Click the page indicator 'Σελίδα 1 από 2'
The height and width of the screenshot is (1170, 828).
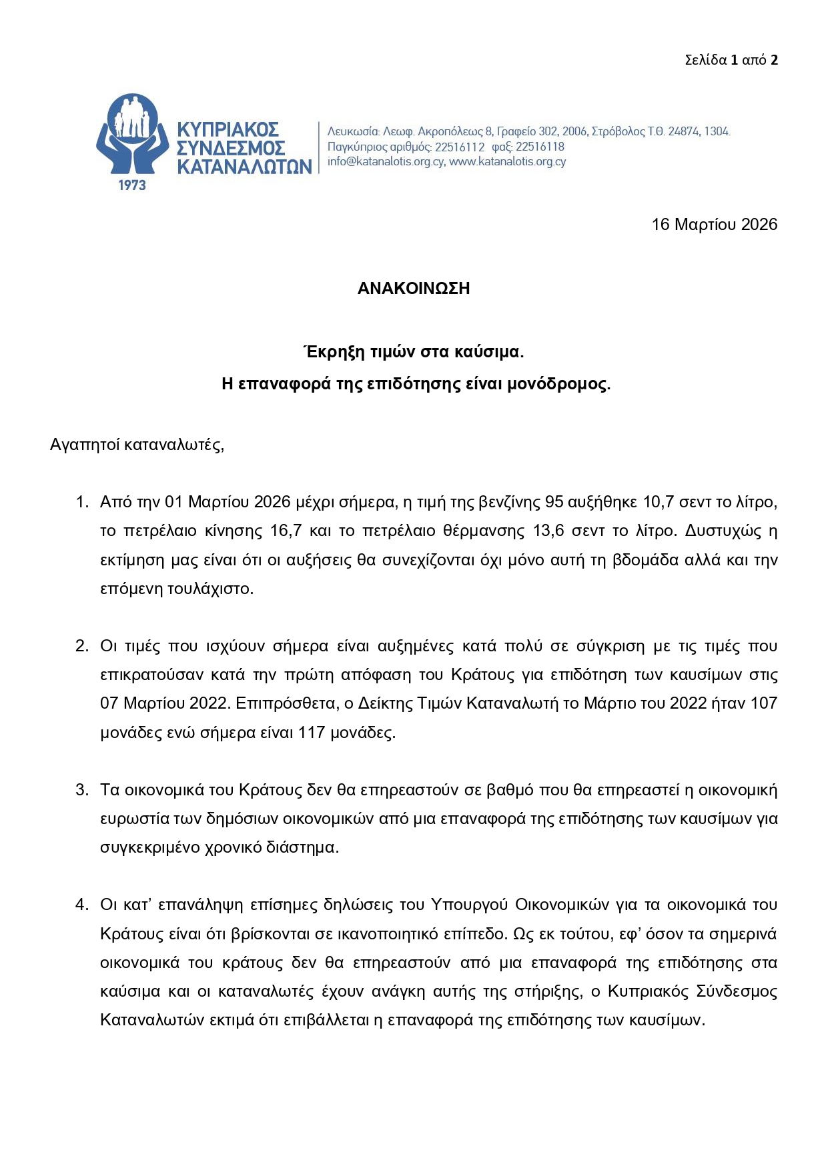click(731, 60)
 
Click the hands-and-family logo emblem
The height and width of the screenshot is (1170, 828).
click(131, 133)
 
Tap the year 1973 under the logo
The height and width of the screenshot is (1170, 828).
click(132, 185)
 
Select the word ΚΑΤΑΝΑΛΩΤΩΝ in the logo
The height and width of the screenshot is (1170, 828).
click(244, 166)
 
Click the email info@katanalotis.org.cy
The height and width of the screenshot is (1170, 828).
click(386, 161)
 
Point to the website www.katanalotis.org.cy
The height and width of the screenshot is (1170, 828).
click(508, 161)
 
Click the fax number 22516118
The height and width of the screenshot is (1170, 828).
click(540, 147)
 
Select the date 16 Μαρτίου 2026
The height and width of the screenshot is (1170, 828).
click(714, 224)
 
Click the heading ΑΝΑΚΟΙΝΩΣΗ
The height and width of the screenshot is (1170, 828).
click(414, 288)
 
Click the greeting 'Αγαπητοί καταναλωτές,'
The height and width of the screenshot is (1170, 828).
click(137, 445)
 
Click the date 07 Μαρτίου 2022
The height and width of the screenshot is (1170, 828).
click(165, 703)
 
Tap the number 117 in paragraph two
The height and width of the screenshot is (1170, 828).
click(312, 732)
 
